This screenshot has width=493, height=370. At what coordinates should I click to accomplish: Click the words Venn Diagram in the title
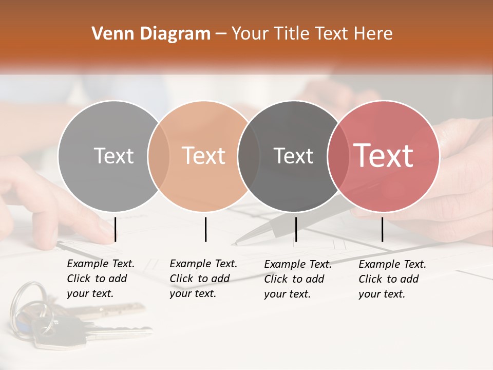151,34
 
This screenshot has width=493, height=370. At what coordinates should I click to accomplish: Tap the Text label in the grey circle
113,156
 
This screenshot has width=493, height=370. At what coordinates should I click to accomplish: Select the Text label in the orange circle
204,156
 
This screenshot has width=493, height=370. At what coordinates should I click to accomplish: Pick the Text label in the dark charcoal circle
293,156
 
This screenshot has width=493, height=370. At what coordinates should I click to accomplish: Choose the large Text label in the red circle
384,156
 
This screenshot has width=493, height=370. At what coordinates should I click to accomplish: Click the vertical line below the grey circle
115,229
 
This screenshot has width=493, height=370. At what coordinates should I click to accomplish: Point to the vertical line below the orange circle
205,229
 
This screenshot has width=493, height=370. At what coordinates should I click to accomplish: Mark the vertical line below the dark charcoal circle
296,229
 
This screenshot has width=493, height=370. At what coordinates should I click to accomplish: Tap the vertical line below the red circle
382,229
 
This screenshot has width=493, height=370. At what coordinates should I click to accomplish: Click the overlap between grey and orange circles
159,156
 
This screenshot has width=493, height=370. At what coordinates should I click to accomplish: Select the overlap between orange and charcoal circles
249,156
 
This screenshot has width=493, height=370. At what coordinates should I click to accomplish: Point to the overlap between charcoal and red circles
337,156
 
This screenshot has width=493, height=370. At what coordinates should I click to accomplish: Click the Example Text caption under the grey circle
101,279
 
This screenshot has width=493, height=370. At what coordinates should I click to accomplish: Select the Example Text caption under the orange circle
203,279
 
